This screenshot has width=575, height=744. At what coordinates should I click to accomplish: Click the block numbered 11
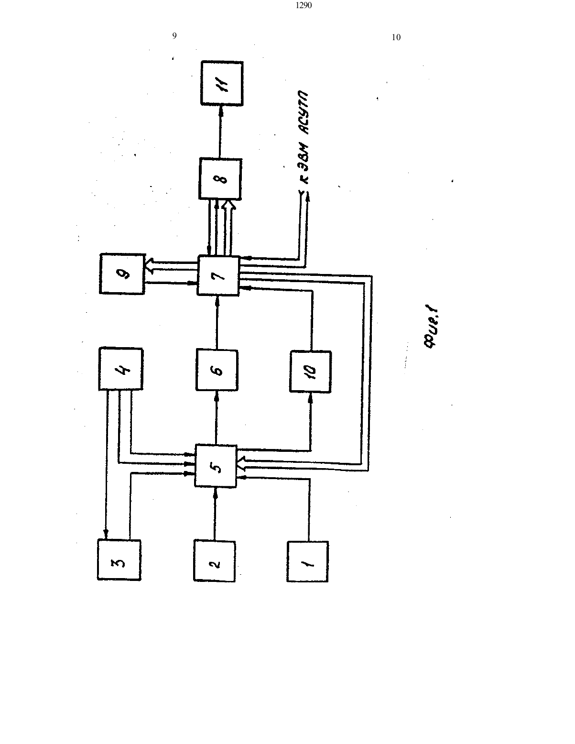pyautogui.click(x=222, y=83)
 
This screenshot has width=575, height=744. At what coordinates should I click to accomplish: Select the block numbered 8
pyautogui.click(x=220, y=179)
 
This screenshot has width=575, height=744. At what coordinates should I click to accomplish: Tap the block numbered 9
pyautogui.click(x=122, y=274)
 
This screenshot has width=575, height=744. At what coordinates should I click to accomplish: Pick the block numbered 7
pyautogui.click(x=218, y=275)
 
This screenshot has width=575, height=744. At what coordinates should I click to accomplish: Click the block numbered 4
pyautogui.click(x=121, y=369)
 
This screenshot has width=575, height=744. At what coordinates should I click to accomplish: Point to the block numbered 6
pyautogui.click(x=217, y=370)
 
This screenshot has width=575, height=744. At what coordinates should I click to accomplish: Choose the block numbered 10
pyautogui.click(x=310, y=372)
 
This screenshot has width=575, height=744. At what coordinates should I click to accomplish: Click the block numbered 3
pyautogui.click(x=119, y=560)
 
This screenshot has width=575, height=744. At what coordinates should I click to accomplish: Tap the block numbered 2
pyautogui.click(x=215, y=560)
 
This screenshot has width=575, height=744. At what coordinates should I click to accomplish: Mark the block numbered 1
pyautogui.click(x=308, y=561)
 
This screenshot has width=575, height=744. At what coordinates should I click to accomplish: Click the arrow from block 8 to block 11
pyautogui.click(x=220, y=132)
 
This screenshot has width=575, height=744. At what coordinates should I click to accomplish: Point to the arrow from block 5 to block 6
pyautogui.click(x=217, y=418)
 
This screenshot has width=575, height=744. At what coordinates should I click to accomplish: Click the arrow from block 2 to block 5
pyautogui.click(x=215, y=514)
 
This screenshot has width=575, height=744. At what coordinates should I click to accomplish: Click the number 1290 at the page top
pyautogui.click(x=304, y=5)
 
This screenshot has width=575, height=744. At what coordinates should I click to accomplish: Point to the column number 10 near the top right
pyautogui.click(x=396, y=37)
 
